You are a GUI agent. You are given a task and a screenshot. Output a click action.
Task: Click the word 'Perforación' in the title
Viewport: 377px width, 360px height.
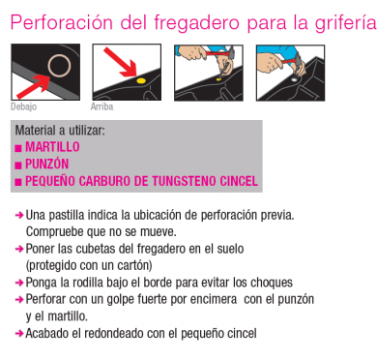click(x=62, y=22)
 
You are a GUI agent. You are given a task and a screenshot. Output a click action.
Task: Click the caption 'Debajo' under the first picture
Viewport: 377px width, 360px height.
click(x=23, y=106)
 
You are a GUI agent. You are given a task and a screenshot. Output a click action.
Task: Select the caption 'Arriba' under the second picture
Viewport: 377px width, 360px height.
click(x=101, y=106)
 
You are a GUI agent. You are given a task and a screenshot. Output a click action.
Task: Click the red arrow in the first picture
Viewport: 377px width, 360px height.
click(x=33, y=86)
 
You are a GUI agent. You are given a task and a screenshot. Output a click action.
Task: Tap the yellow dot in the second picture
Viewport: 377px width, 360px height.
click(x=141, y=80)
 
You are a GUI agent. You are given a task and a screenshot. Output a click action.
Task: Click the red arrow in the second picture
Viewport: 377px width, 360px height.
click(x=120, y=63)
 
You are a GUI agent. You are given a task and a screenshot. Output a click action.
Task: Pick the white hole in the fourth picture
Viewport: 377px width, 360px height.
click(x=294, y=78)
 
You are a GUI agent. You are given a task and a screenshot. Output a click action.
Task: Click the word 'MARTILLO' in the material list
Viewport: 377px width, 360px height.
click(x=52, y=147)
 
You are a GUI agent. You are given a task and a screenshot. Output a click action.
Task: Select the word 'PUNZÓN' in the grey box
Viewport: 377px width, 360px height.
click(x=47, y=164)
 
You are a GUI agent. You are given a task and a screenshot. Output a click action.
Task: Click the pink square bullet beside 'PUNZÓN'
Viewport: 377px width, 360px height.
click(x=18, y=165)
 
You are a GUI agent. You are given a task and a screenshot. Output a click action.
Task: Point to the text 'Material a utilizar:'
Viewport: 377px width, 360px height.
click(x=60, y=131)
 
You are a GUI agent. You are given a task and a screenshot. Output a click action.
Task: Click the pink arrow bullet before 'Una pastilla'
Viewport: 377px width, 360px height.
click(x=19, y=215)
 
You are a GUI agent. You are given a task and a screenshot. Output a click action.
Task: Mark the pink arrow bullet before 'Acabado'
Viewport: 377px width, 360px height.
click(x=19, y=333)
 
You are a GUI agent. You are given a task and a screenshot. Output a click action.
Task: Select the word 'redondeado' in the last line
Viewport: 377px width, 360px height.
click(x=113, y=333)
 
